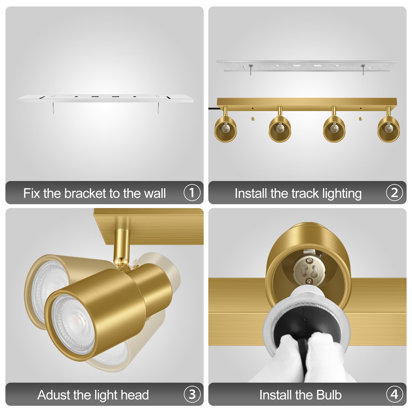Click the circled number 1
coord(192,193)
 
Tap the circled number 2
coord(394,193)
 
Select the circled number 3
coord(192,394)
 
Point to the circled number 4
coord(394,394)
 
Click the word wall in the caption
coord(155,193)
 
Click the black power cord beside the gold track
coord(213,108)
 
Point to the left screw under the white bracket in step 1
coord(53,108)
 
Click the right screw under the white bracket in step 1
coord(159,108)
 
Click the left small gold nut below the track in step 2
coord(253,118)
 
